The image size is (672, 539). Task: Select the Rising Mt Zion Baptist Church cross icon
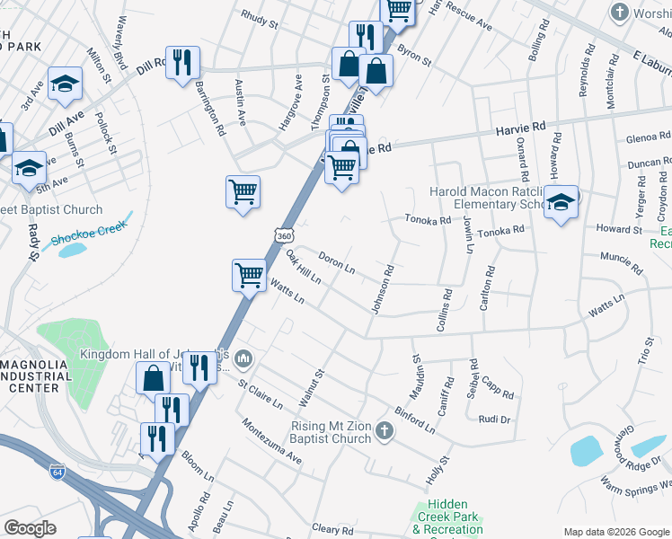coord(384,432)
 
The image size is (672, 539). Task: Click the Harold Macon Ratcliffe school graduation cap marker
coord(562,201)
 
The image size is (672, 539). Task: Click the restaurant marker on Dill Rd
coord(182,62)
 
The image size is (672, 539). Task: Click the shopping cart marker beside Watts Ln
coord(249,275)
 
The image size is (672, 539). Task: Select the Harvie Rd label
coord(521,130)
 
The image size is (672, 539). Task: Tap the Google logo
coord(31,528)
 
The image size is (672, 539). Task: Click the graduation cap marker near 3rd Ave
coord(65,84)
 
